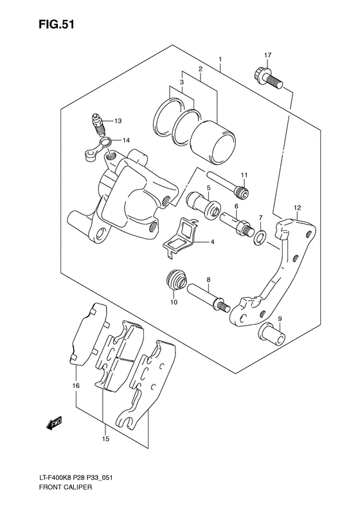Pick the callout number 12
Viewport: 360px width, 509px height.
298,207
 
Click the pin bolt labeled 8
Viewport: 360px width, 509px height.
208,298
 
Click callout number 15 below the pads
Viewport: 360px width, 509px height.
105,440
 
